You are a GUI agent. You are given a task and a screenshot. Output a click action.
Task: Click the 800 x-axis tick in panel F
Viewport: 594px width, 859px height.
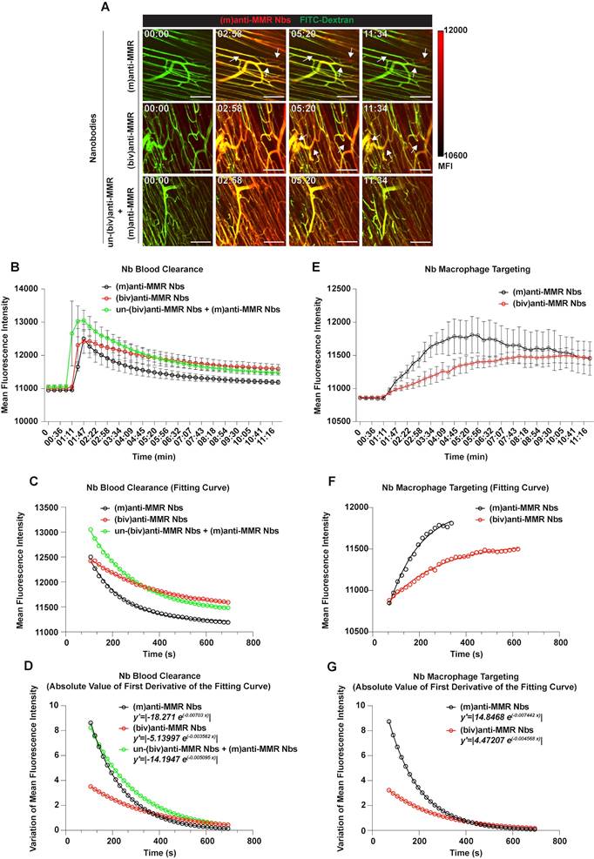point(561,619)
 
